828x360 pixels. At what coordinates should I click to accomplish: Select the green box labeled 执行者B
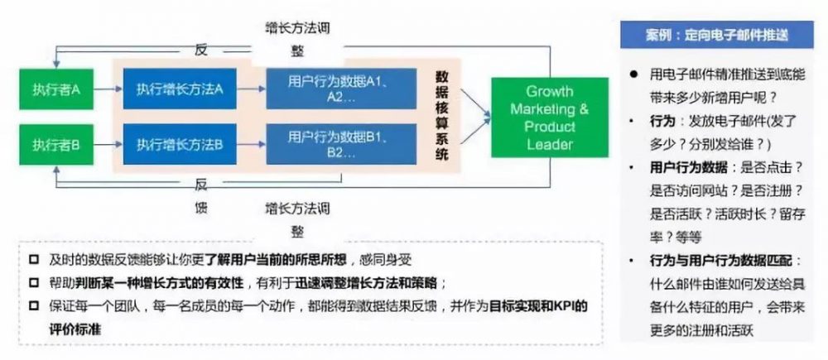(x=57, y=145)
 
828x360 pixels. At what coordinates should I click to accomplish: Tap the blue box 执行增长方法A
(x=180, y=89)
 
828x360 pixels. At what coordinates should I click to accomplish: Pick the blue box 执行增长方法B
(x=180, y=145)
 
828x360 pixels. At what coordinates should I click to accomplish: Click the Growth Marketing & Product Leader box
(x=549, y=117)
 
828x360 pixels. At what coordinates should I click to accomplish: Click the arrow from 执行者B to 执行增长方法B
(x=107, y=145)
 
